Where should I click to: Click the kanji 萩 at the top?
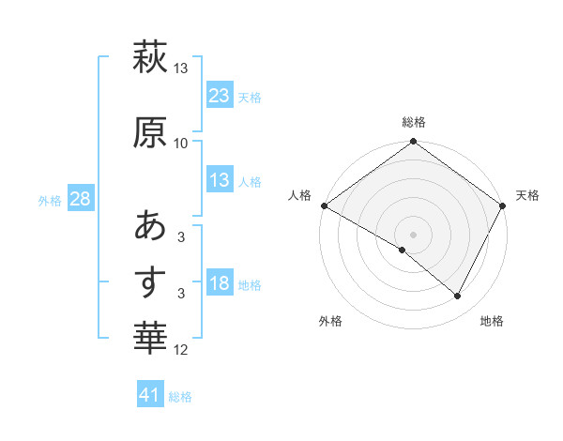[x=150, y=57]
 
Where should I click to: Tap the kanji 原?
[x=150, y=131]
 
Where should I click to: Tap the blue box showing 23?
[x=219, y=96]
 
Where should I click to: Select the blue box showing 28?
[x=80, y=200]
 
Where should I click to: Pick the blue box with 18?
[x=219, y=283]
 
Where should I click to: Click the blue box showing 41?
[x=150, y=395]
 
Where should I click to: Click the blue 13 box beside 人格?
[x=219, y=181]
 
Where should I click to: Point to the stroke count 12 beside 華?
[x=181, y=351]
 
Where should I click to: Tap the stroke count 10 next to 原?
[x=181, y=143]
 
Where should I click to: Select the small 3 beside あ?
[x=181, y=238]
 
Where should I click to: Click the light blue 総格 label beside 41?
[x=180, y=397]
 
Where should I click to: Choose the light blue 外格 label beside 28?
[x=50, y=201]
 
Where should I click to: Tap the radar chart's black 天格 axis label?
[x=527, y=195]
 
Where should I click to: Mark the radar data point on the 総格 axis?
[x=413, y=143]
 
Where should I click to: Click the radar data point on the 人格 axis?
[x=324, y=205]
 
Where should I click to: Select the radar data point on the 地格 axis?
[x=458, y=297]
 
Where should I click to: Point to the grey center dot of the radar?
[x=413, y=234]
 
